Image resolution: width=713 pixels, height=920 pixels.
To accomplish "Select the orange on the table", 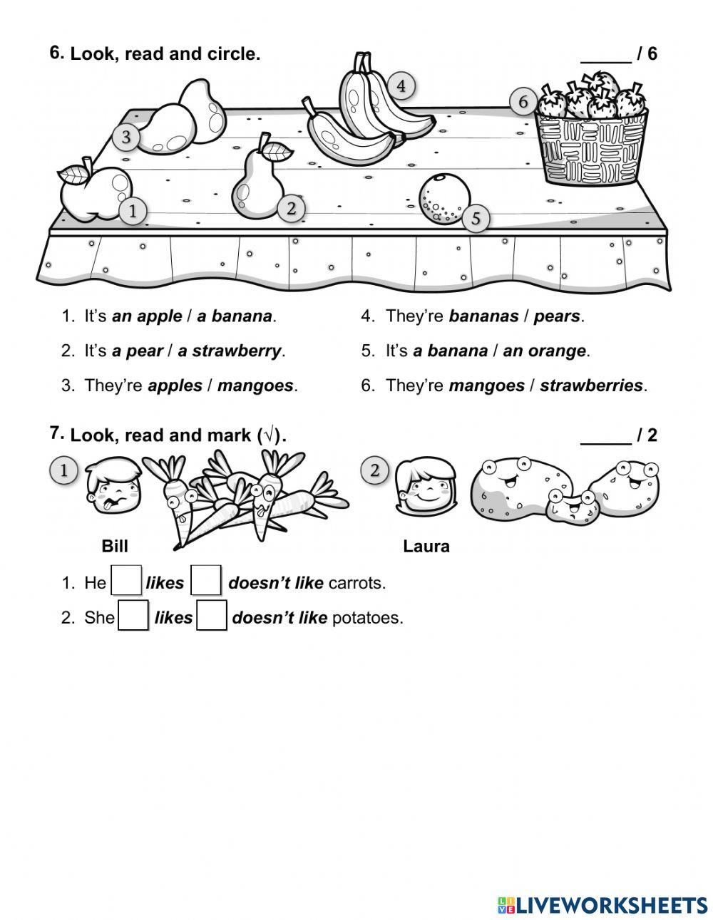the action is click(x=444, y=200).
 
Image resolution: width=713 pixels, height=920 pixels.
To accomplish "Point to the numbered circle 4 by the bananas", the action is click(x=401, y=86).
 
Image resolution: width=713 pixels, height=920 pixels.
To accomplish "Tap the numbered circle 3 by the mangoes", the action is click(x=126, y=137).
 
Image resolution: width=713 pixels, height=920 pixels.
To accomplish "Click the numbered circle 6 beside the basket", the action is click(x=523, y=103).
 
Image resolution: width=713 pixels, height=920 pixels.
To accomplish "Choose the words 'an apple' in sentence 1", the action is click(x=147, y=316).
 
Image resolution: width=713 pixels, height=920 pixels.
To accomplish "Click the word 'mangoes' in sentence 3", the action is click(x=255, y=386).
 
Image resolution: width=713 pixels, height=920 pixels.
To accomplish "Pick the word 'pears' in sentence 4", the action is click(x=557, y=316).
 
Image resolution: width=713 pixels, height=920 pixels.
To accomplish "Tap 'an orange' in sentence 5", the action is click(x=545, y=351).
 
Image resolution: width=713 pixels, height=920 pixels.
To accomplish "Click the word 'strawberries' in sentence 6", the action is click(x=592, y=386).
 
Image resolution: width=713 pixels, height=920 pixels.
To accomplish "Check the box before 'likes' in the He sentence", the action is click(x=128, y=582).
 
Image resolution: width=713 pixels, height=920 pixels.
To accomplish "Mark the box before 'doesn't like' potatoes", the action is click(x=212, y=616).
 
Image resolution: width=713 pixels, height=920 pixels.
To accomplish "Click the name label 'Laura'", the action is click(x=426, y=547).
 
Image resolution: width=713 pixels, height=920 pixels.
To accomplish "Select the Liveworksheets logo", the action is click(x=602, y=905).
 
